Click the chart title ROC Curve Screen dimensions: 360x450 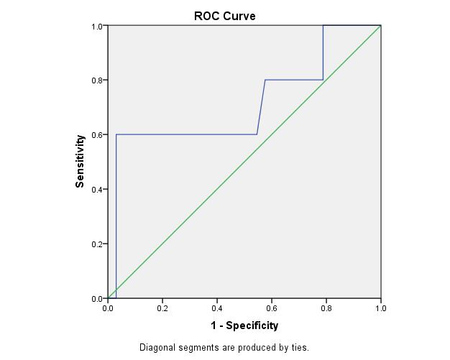point(224,16)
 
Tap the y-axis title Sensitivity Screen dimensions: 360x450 point(81,162)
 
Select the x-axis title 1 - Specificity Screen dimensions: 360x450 point(244,326)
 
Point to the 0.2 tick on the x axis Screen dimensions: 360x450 point(162,308)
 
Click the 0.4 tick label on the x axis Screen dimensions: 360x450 point(217,308)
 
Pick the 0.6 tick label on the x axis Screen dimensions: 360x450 point(272,308)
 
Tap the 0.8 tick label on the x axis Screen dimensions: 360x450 point(326,308)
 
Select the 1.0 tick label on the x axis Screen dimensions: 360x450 point(381,308)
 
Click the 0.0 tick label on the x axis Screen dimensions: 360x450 point(108,308)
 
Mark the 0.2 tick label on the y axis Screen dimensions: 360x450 point(97,244)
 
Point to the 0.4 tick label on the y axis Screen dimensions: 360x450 point(97,190)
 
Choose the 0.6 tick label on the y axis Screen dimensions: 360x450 point(97,135)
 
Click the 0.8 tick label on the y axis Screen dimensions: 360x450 point(97,80)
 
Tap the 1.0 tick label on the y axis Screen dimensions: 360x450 point(97,27)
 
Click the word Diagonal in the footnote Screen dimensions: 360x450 point(157,348)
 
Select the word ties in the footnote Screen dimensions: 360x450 point(300,348)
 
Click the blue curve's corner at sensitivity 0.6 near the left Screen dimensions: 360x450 point(116,134)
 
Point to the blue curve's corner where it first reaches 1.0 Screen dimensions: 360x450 point(323,26)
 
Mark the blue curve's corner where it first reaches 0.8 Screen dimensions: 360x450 point(265,80)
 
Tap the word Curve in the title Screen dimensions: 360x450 point(239,16)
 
